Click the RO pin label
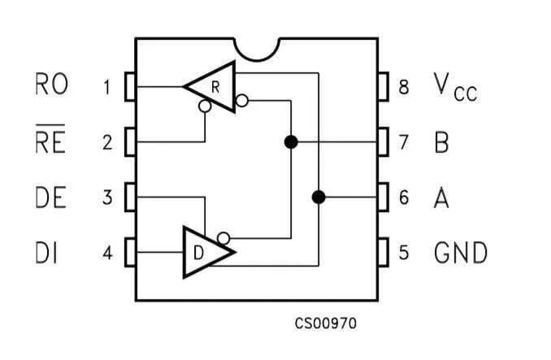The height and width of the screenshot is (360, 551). coord(52,84)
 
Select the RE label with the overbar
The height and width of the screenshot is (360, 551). coord(50,139)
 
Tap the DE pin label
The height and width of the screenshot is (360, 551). coord(50,197)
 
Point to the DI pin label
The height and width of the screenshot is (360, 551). coord(46,252)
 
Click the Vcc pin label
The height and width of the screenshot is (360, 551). coord(455,87)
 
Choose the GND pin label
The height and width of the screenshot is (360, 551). coord(461,252)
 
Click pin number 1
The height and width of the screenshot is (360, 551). coord(106,87)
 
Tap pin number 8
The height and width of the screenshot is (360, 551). coord(404,87)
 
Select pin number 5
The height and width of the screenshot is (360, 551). coord(404,252)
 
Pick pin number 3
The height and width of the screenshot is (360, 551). coord(107,197)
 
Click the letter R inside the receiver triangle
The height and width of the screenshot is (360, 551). coord(215,87)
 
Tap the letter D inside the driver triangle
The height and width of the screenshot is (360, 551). coord(198,253)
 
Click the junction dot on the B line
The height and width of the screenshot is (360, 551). coord(291,142)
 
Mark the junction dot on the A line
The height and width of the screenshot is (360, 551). coord(319,197)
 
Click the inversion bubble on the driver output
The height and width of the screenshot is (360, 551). coord(223,238)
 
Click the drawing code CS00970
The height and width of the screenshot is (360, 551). coord(325,323)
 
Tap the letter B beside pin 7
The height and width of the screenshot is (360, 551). coord(442,142)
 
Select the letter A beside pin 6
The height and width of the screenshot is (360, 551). coord(442,197)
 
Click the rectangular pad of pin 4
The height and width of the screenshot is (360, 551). coord(130,252)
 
